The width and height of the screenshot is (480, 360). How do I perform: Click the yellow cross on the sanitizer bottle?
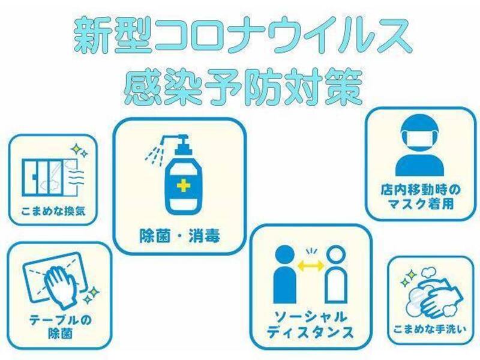184,185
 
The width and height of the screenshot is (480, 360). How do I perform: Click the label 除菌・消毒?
179,236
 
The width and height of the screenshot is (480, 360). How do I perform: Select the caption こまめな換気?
53,211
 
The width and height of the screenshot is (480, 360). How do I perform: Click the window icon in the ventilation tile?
49,178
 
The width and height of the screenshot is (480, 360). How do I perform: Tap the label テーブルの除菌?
61,326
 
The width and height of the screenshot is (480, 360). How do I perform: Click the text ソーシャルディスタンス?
310,325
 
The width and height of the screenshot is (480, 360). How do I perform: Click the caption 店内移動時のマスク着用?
421,197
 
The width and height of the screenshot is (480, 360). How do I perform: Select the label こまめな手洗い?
430,329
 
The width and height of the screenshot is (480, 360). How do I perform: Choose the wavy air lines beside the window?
76,177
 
